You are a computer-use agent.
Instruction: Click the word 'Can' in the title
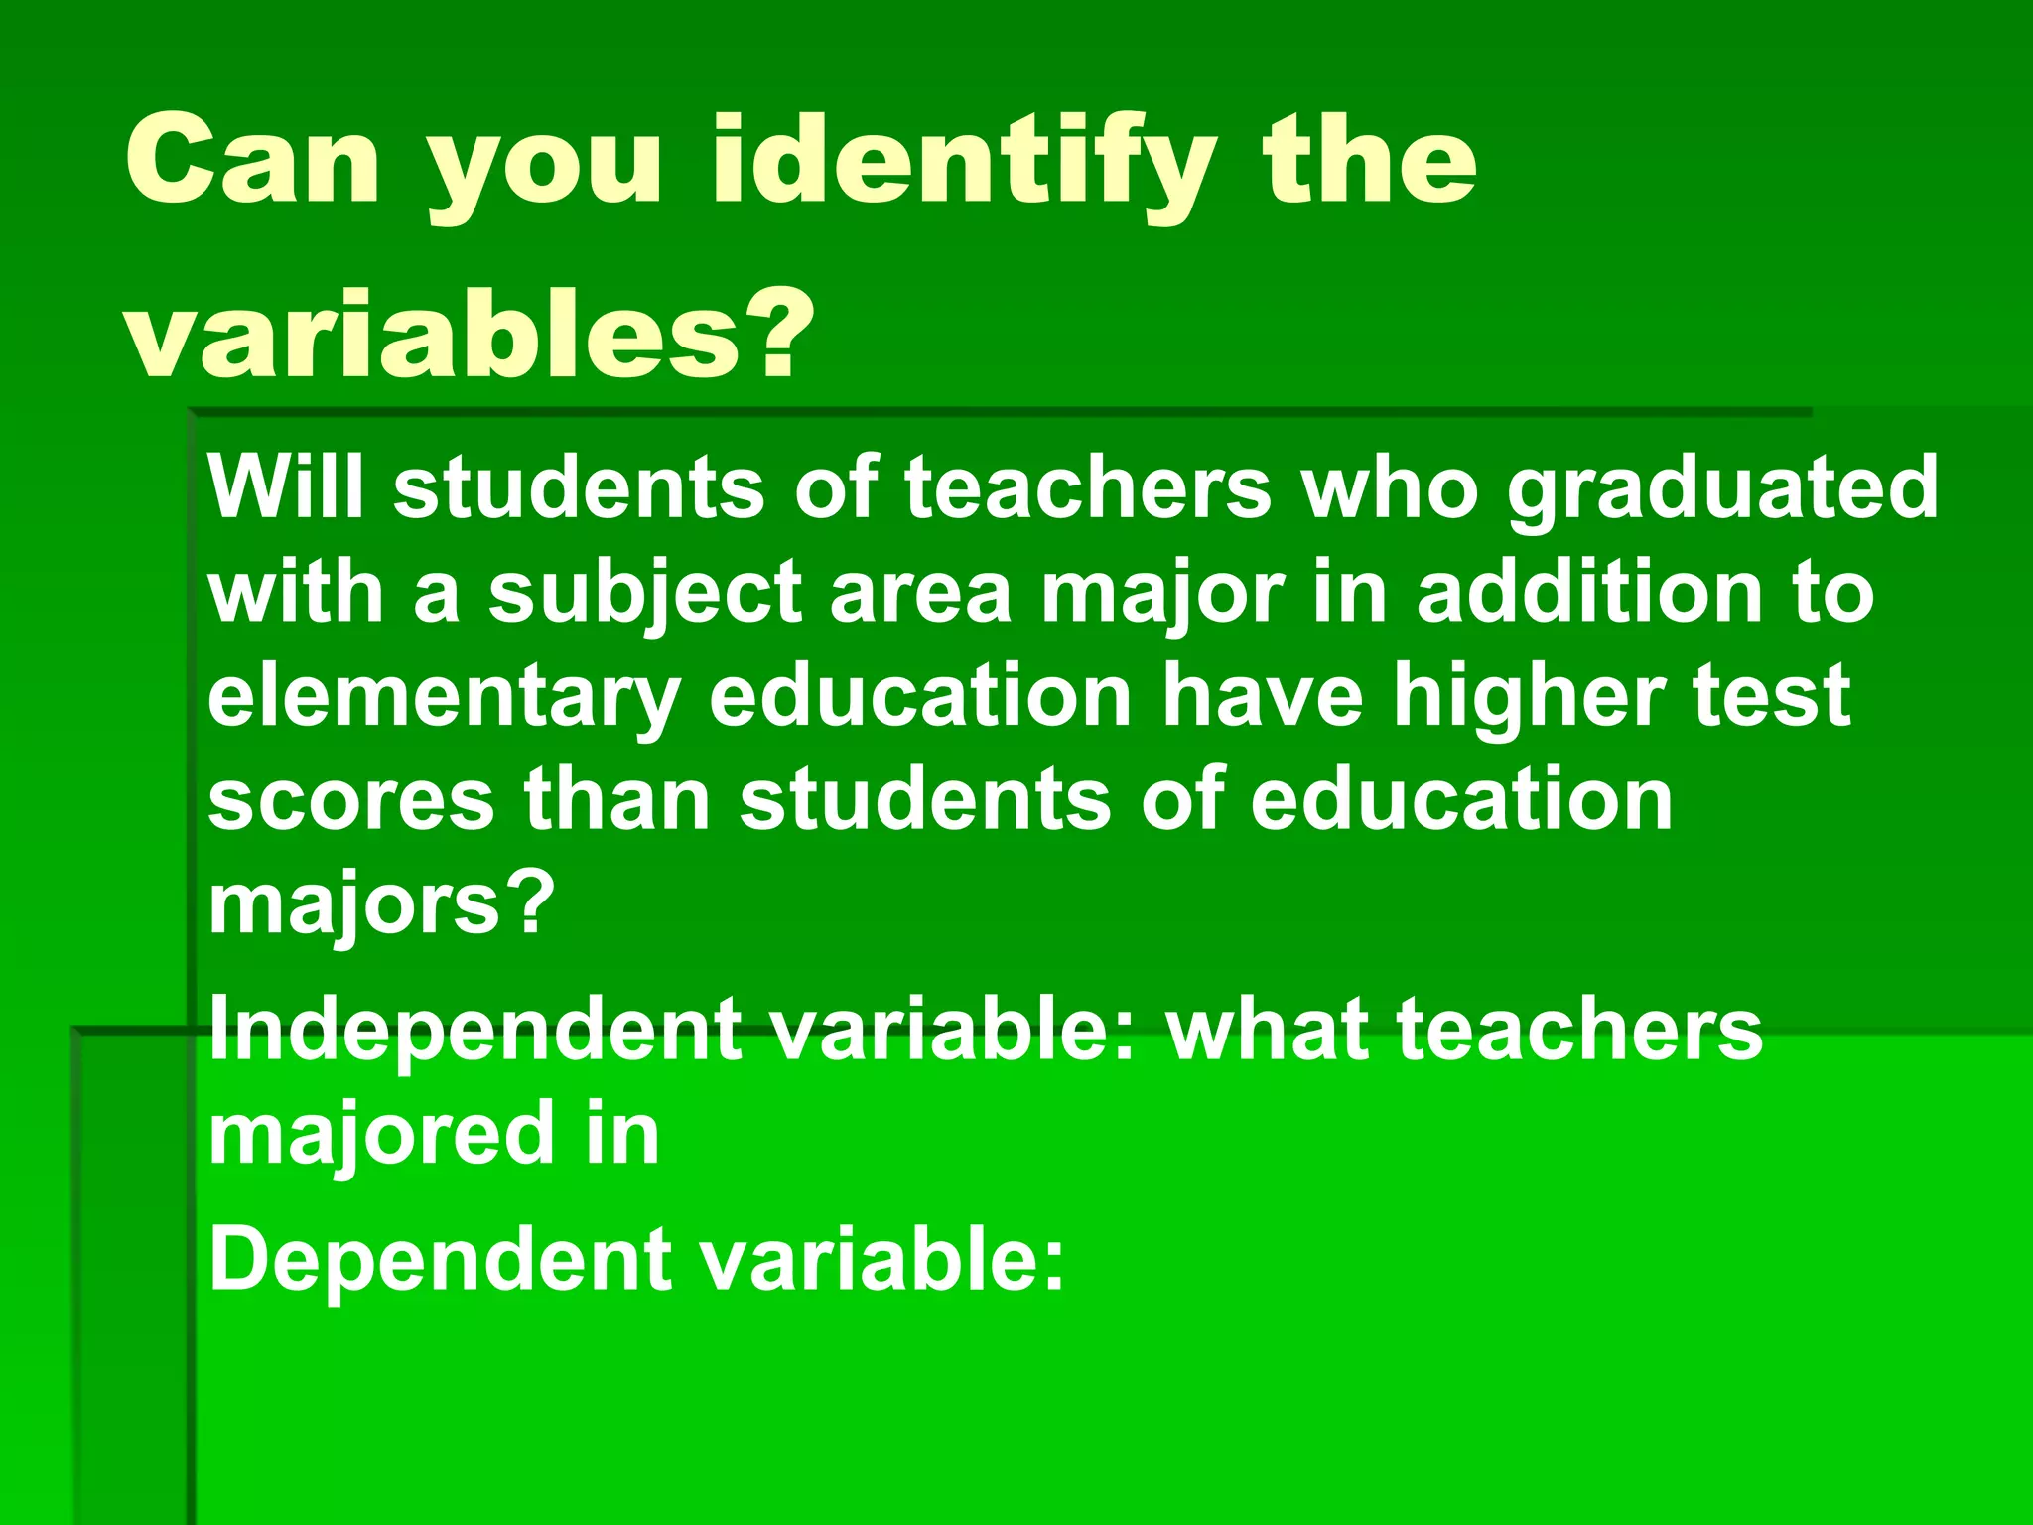pos(252,161)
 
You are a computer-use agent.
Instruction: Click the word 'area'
pos(919,594)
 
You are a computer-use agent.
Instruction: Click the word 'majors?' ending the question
pos(381,905)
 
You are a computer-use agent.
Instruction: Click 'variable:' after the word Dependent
pos(882,1259)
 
